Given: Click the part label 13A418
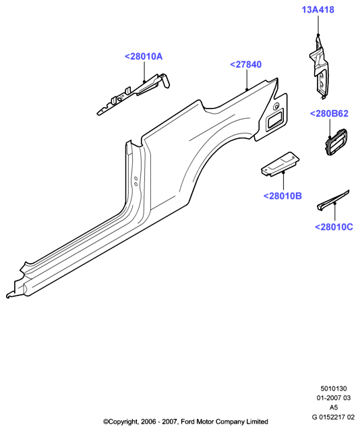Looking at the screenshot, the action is (318, 9).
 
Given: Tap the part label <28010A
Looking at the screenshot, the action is (144, 57).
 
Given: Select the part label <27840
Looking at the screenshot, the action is (245, 65).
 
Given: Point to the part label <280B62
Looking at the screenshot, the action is (329, 113).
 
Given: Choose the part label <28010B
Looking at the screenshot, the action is (282, 196).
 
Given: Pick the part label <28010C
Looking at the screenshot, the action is (334, 227).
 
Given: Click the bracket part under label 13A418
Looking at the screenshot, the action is (319, 67).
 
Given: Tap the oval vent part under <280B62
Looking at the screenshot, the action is (337, 141).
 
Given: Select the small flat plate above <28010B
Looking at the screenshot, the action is (280, 164).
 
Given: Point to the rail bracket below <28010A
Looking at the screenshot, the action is (133, 94).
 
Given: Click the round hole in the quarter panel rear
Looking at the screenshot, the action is (276, 106).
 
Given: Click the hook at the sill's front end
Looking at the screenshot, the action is (9, 295).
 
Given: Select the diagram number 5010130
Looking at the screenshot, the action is (334, 389).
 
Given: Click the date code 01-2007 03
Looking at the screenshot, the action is (334, 398).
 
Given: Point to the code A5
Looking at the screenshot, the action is (334, 407).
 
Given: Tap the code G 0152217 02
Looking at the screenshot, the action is (333, 417).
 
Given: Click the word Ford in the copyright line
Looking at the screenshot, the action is (188, 422).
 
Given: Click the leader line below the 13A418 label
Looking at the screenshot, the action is (318, 25).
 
